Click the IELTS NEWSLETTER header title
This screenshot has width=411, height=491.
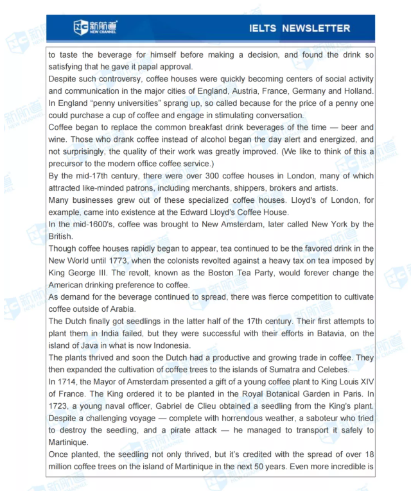[x=299, y=28]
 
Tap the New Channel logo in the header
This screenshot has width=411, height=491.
[x=96, y=28]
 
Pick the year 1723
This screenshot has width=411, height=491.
[x=60, y=406]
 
